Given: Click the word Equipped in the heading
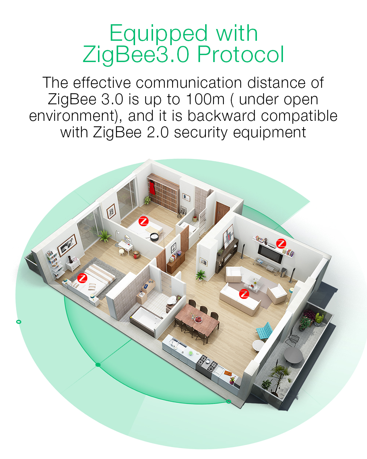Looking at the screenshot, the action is [159, 34].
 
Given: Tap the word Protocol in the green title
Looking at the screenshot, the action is [240, 54].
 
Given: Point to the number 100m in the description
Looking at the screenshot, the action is [206, 99].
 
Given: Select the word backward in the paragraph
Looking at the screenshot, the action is [221, 116].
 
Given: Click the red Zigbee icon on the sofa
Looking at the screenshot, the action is [244, 294].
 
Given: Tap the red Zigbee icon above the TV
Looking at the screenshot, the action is [281, 243].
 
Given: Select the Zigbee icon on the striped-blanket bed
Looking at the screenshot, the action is [82, 278].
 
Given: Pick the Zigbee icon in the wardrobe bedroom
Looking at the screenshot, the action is [143, 221].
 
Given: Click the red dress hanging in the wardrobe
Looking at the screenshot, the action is [152, 188].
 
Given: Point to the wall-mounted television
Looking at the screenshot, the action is [270, 254].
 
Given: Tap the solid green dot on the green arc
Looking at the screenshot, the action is [98, 365].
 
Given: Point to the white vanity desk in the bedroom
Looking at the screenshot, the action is [126, 247].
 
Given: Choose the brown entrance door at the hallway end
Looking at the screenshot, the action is [221, 213].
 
